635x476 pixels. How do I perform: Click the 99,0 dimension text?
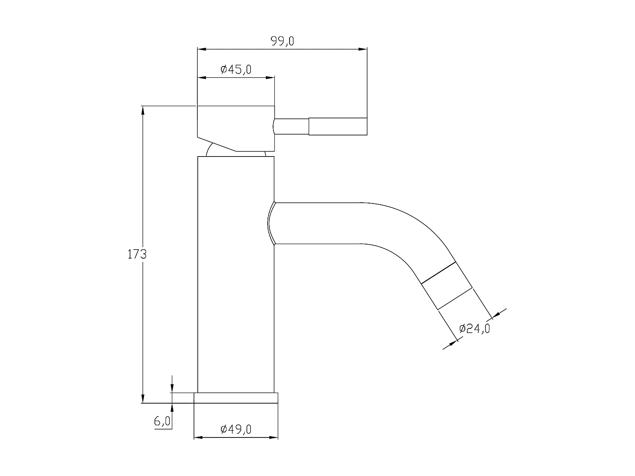tap(282, 41)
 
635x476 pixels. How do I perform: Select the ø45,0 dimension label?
tap(236, 69)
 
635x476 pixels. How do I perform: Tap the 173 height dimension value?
tap(137, 254)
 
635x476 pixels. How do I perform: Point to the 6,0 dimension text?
tap(162, 421)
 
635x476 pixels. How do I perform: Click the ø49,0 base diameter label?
tap(236, 429)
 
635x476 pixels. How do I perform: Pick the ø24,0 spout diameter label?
tap(474, 328)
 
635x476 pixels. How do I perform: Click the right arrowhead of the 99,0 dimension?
tap(363, 50)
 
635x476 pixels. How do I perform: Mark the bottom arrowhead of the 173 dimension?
tap(143, 399)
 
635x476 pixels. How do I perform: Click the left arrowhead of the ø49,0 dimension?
tap(198, 437)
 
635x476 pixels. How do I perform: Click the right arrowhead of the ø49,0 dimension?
tap(273, 437)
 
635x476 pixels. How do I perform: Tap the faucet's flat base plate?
tap(236, 398)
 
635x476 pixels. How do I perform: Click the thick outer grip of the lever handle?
tap(337, 127)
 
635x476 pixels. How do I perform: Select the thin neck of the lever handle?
tap(291, 127)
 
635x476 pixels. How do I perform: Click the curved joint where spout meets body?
tap(272, 223)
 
